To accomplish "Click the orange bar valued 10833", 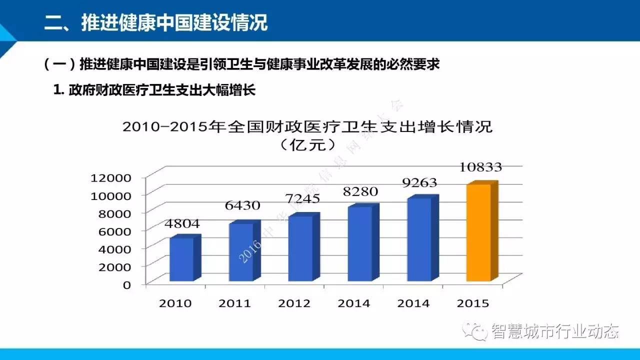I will pyautogui.click(x=478, y=232).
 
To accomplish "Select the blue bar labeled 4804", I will pyautogui.click(x=181, y=259).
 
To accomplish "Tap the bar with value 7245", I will pyautogui.click(x=300, y=248).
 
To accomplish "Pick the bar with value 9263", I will pyautogui.click(x=419, y=239).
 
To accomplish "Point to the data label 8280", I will pyautogui.click(x=360, y=191).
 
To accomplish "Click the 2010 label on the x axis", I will pyautogui.click(x=175, y=303).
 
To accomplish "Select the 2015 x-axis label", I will pyautogui.click(x=472, y=303).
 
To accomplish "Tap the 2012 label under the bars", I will pyautogui.click(x=294, y=303).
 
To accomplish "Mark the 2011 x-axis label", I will pyautogui.click(x=235, y=303).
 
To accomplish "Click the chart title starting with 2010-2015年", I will pyautogui.click(x=307, y=126).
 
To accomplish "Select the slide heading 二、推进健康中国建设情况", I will pyautogui.click(x=156, y=22).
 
